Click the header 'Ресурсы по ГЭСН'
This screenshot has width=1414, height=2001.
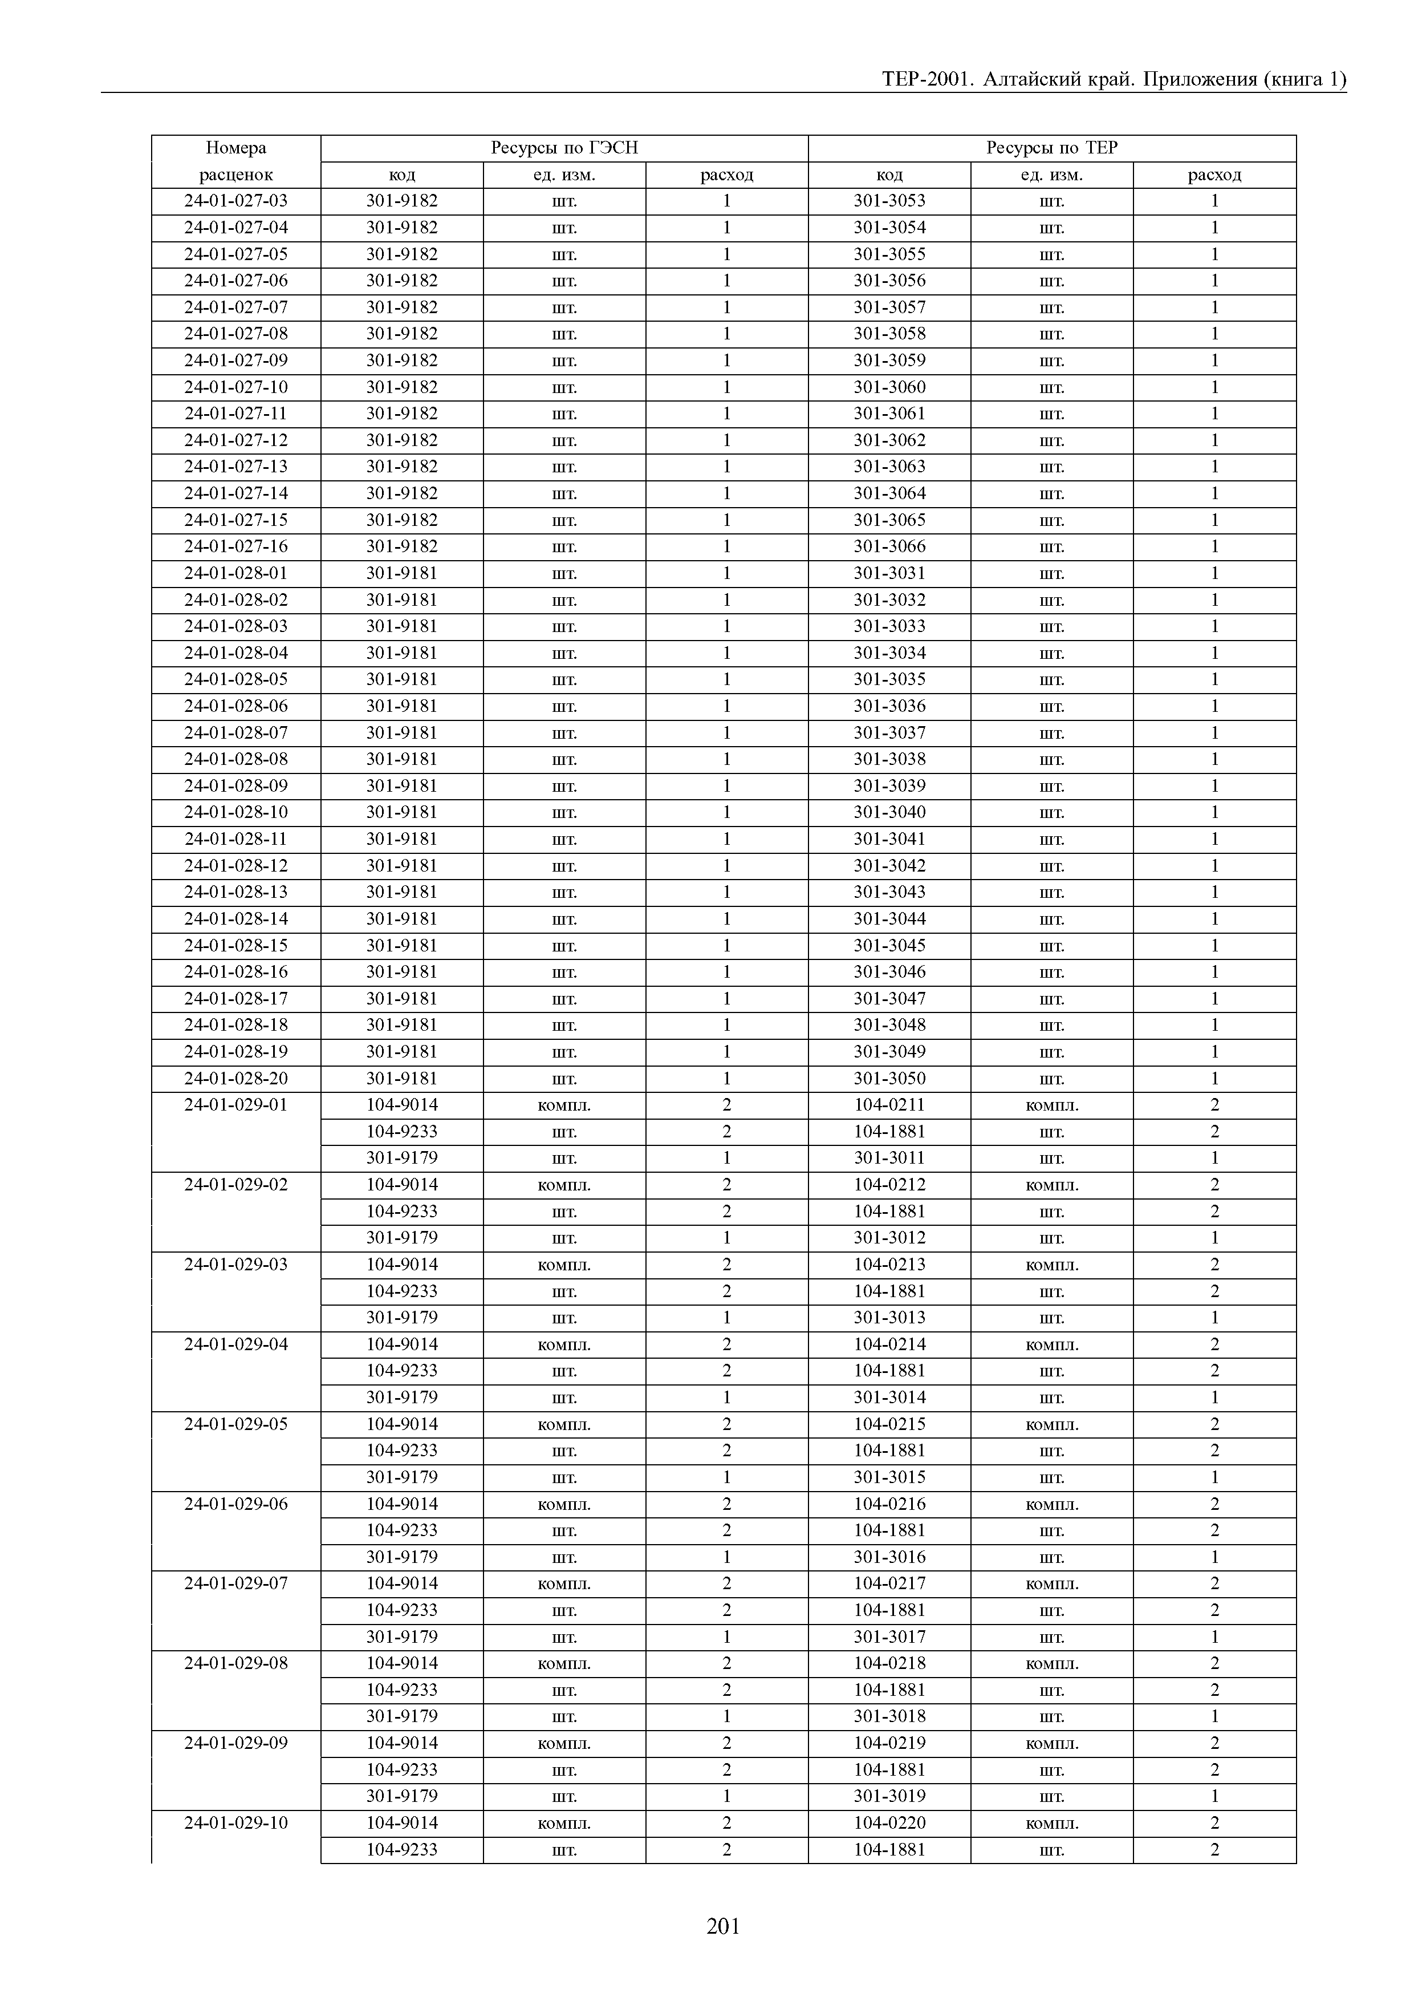[564, 148]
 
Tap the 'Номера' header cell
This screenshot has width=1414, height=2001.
[236, 148]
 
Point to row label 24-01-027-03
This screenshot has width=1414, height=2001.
[236, 201]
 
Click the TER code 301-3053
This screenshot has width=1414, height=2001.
[889, 201]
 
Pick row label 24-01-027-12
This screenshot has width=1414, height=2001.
[236, 440]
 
